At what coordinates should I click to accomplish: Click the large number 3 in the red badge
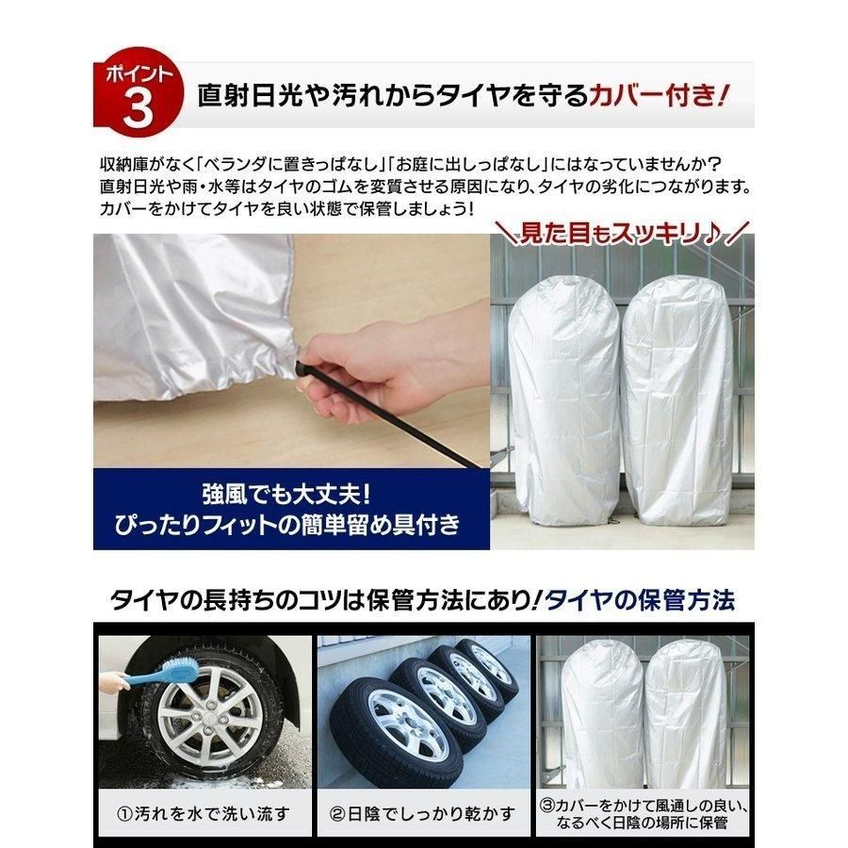point(137,109)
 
